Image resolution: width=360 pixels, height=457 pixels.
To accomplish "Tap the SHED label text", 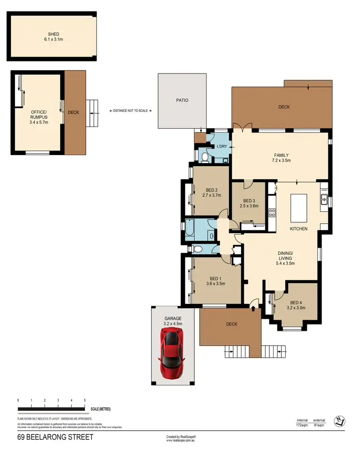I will pyautogui.click(x=53, y=35).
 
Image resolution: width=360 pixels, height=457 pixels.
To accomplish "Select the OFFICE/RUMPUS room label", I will pyautogui.click(x=38, y=114).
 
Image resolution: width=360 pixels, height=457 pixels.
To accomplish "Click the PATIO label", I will pyautogui.click(x=182, y=100).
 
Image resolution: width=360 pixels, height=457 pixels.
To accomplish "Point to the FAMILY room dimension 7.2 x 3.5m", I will pyautogui.click(x=281, y=160).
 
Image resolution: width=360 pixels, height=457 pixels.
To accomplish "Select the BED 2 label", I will pyautogui.click(x=212, y=190).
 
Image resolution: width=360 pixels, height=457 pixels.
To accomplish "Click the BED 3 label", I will pyautogui.click(x=249, y=201).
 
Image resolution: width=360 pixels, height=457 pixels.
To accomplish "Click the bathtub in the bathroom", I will pyautogui.click(x=190, y=228).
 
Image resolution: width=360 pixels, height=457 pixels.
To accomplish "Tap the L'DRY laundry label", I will pyautogui.click(x=222, y=146).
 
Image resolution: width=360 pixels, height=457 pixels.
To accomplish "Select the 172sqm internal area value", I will pyautogui.click(x=302, y=425).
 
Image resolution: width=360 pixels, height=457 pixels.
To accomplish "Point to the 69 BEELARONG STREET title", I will pyautogui.click(x=55, y=437).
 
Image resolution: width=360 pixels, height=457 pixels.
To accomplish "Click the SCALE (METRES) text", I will pyautogui.click(x=101, y=409).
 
